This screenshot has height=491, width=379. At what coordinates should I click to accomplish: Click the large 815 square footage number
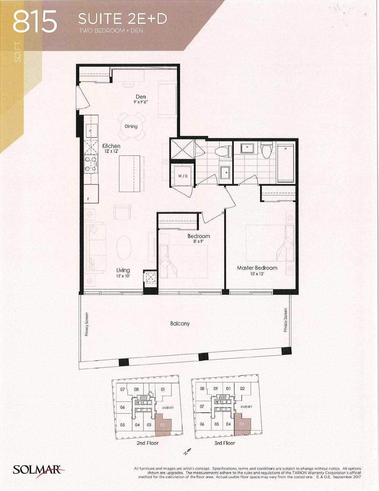(x=35, y=23)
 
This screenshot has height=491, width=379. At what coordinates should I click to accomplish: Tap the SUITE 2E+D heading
(x=122, y=19)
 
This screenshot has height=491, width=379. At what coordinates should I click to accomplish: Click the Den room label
(x=141, y=97)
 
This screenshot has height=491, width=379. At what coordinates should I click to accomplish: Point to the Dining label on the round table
(x=131, y=126)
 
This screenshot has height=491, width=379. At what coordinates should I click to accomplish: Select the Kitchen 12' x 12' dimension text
(x=111, y=151)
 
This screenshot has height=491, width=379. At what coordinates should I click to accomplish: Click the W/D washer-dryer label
(x=183, y=176)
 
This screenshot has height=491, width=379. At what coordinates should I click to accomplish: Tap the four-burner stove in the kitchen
(x=91, y=164)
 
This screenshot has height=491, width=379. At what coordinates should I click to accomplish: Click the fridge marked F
(x=91, y=194)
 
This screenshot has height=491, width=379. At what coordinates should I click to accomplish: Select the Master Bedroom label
(x=257, y=268)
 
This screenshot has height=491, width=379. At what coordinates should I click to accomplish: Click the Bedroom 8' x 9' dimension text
(x=199, y=241)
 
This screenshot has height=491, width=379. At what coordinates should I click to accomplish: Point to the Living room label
(x=123, y=270)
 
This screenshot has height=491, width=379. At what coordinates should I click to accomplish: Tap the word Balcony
(x=180, y=323)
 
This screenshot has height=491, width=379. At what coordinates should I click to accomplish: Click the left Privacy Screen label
(x=87, y=324)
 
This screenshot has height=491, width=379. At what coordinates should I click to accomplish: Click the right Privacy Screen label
(x=286, y=320)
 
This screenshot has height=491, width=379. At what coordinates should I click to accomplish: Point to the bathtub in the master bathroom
(x=285, y=163)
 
